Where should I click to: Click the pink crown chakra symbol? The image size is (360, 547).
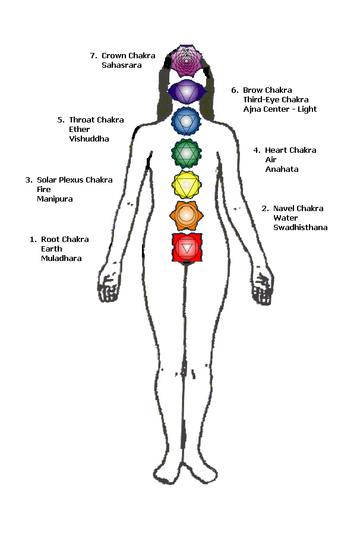(x=187, y=61)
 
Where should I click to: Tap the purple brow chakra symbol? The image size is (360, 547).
(x=187, y=92)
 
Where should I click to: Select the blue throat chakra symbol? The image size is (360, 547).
(x=187, y=121)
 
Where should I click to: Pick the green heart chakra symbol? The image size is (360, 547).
(x=187, y=153)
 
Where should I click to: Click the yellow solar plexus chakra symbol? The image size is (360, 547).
(x=187, y=185)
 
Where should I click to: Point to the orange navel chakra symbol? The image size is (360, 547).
(x=187, y=215)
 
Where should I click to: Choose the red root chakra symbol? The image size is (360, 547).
(x=187, y=248)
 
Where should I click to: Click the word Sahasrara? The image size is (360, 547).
(x=122, y=65)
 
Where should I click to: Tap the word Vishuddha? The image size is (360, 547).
(x=89, y=139)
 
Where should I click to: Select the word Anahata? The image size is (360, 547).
(x=282, y=169)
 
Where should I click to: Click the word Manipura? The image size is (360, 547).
(x=55, y=199)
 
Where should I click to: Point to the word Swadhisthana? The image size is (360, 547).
(x=300, y=228)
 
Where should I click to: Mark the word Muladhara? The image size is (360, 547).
(x=61, y=259)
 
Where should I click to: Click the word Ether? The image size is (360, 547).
(x=79, y=130)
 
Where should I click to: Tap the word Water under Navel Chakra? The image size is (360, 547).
(x=285, y=218)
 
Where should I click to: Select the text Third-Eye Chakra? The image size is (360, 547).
(x=276, y=100)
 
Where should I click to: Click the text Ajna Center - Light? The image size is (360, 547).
(x=280, y=109)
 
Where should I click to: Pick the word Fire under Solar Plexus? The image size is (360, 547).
(x=44, y=190)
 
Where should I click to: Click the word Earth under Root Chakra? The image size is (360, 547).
(x=52, y=249)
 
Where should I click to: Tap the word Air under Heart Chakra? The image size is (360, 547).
(x=271, y=160)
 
